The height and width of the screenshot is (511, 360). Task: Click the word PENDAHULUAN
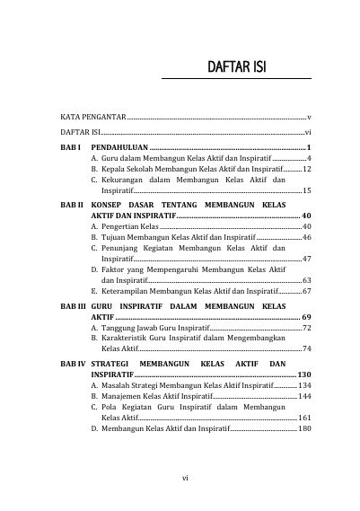tap(119, 146)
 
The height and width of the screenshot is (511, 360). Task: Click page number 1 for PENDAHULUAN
tap(308, 146)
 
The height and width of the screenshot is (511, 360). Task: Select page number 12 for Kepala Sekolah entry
tap(306, 168)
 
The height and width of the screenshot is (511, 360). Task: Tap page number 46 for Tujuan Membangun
tap(306, 237)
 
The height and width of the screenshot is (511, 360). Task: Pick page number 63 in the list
tap(306, 280)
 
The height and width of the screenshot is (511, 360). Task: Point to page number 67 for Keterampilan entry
tap(306, 291)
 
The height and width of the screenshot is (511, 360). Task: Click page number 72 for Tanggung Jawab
tap(306, 329)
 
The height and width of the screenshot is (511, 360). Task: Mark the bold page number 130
tap(303, 374)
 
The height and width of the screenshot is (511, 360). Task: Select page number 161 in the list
tap(303, 418)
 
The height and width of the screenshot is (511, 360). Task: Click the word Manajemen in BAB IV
tap(123, 396)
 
